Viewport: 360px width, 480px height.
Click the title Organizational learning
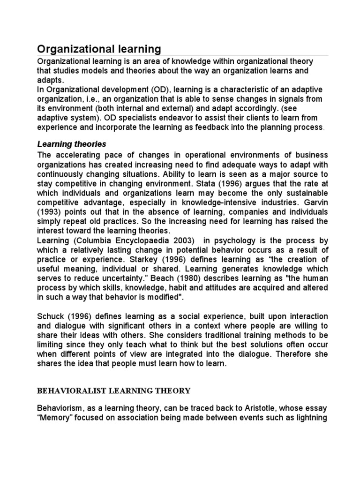(99, 49)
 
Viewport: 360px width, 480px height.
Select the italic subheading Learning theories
(72, 144)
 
